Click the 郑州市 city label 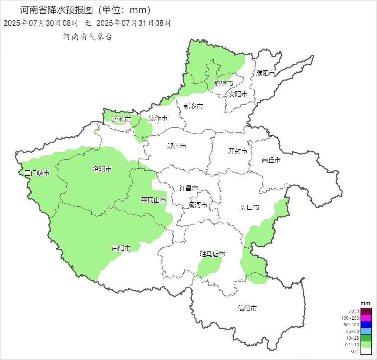click(177, 146)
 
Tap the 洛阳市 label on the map click(102, 169)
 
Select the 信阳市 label click(247, 308)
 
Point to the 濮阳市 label click(266, 73)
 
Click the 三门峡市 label click(37, 173)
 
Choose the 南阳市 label click(121, 249)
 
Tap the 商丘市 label click(271, 160)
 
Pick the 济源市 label click(122, 119)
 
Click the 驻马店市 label click(213, 254)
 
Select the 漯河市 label click(198, 205)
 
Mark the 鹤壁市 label click(224, 84)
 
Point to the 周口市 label click(250, 208)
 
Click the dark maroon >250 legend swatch click(366, 311)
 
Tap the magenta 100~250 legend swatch click(366, 318)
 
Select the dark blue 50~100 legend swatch click(366, 325)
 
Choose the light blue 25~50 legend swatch click(366, 331)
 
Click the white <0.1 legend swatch click(366, 351)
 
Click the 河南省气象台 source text click(87, 37)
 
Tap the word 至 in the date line click(87, 24)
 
